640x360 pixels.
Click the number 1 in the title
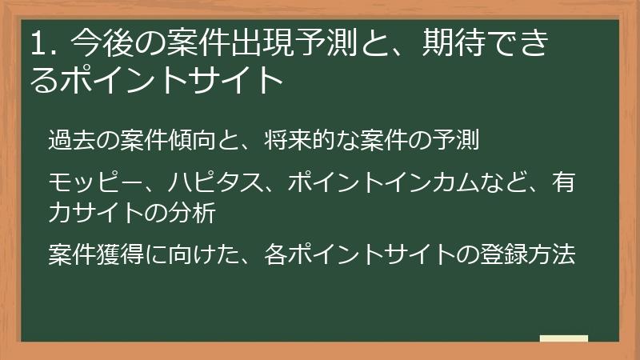[36, 45]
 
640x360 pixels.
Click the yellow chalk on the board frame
[564, 338]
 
